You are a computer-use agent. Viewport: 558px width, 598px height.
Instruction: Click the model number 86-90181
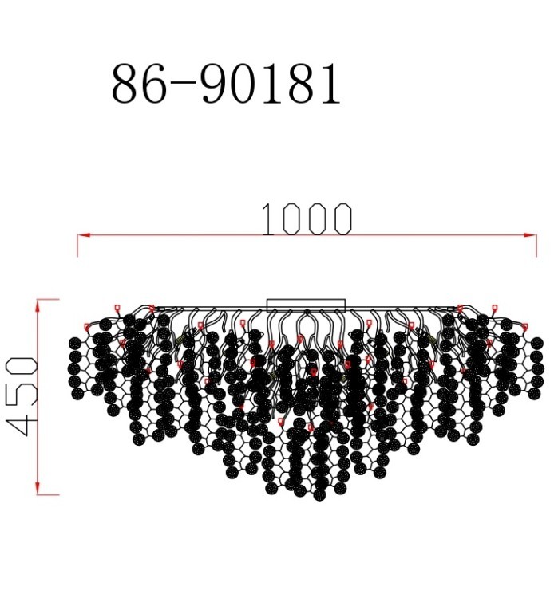point(226,85)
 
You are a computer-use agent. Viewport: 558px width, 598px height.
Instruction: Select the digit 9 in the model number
point(214,85)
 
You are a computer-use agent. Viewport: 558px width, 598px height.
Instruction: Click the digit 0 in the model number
point(247,85)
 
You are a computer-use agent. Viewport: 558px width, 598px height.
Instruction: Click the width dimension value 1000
point(307,220)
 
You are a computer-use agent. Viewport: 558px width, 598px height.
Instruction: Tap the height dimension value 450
point(22,396)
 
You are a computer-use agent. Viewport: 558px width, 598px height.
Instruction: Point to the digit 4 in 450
point(22,423)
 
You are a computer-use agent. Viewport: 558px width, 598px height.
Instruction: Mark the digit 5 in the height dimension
point(22,396)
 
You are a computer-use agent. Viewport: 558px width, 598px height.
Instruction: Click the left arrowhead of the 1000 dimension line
point(82,235)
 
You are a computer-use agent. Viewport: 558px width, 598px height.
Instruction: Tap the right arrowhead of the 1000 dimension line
point(532,235)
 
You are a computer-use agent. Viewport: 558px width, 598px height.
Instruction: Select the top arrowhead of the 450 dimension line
point(38,305)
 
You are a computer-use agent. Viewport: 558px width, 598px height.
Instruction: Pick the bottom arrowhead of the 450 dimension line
point(38,489)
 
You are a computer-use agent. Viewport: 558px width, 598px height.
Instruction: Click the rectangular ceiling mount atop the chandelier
point(306,305)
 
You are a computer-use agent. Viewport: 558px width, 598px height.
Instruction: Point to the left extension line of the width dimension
point(77,246)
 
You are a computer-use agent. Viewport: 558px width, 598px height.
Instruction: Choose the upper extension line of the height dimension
point(48,300)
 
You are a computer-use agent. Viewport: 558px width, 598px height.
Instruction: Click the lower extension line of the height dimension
point(48,494)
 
